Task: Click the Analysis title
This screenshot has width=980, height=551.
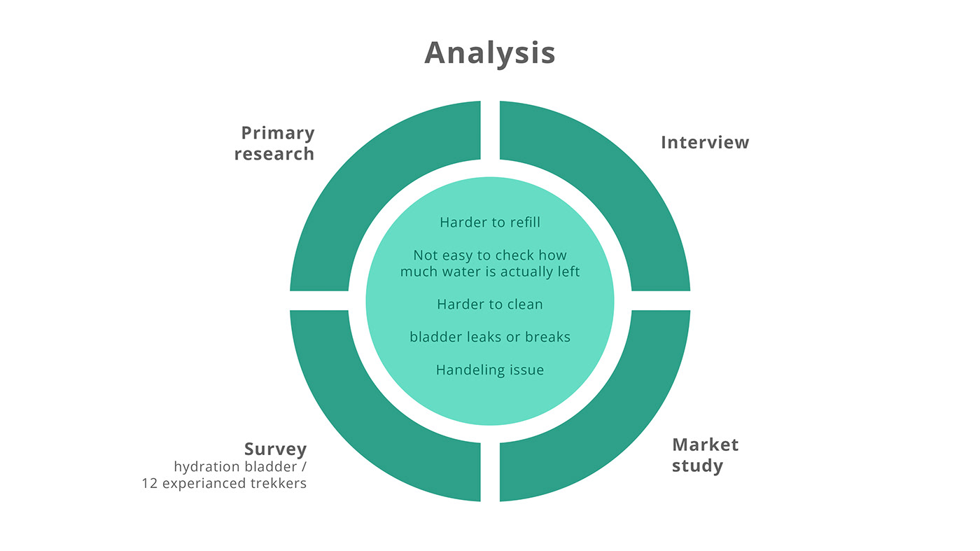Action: pyautogui.click(x=489, y=53)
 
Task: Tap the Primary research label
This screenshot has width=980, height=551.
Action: pyautogui.click(x=274, y=143)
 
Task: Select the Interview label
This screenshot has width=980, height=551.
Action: pyautogui.click(x=704, y=142)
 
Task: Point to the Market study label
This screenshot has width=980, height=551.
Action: pyautogui.click(x=705, y=455)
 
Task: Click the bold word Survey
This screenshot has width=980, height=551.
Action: pyautogui.click(x=275, y=449)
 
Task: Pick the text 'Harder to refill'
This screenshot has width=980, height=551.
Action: pyautogui.click(x=490, y=223)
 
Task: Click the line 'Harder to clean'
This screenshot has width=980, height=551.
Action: pyautogui.click(x=490, y=305)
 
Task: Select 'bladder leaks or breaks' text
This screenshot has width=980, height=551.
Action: pyautogui.click(x=490, y=337)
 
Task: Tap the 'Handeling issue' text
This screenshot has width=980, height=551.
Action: pyautogui.click(x=490, y=370)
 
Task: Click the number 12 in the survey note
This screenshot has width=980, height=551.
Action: pyautogui.click(x=149, y=484)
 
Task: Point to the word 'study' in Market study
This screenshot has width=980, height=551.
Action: pyautogui.click(x=697, y=466)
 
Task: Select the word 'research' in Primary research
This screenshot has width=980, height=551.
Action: pyautogui.click(x=274, y=154)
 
